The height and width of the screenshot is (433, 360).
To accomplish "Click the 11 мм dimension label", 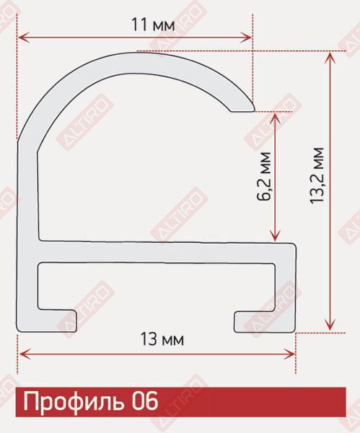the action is (x=153, y=25).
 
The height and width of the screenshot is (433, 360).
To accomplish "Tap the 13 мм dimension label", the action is (x=162, y=339).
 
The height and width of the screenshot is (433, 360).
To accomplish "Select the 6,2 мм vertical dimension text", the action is (x=263, y=176).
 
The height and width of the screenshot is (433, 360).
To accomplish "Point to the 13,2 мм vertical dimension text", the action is (x=317, y=175).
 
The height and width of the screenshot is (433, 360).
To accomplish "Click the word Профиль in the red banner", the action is (x=74, y=401).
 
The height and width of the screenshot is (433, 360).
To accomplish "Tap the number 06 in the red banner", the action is (x=144, y=401).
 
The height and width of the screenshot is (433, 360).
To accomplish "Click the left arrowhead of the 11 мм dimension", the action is (x=24, y=38).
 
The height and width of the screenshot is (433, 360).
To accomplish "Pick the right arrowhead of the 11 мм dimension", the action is (x=246, y=38).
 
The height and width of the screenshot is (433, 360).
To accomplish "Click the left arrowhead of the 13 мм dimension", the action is (x=24, y=354).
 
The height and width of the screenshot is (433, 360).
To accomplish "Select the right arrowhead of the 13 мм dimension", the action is (x=289, y=354).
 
